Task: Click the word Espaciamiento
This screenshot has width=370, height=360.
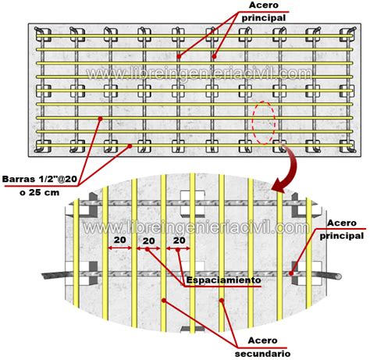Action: point(223,280)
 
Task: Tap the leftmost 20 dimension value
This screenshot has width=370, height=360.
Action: point(120,240)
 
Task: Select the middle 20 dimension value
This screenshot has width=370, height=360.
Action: point(148,241)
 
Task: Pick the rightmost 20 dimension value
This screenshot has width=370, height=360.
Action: point(180,241)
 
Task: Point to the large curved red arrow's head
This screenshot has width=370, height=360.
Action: point(279,185)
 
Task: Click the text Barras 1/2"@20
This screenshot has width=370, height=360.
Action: point(40,179)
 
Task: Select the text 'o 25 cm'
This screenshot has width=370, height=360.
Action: point(40,193)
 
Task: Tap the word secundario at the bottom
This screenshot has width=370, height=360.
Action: point(262,354)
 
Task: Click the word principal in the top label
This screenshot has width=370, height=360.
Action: point(264,18)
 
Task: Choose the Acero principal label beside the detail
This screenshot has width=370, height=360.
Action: point(342,230)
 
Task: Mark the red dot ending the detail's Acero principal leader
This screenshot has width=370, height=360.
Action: point(291,273)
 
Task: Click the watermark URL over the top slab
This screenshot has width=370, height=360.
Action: point(199,73)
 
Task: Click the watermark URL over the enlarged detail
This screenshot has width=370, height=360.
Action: point(197,227)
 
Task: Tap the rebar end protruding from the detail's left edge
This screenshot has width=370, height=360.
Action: point(53,275)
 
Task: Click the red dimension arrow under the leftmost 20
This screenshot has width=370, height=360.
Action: point(120,248)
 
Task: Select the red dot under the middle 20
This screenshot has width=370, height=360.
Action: point(148,249)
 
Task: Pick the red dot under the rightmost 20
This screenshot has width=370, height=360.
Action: point(178,250)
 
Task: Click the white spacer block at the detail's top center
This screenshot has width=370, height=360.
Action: point(192,204)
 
